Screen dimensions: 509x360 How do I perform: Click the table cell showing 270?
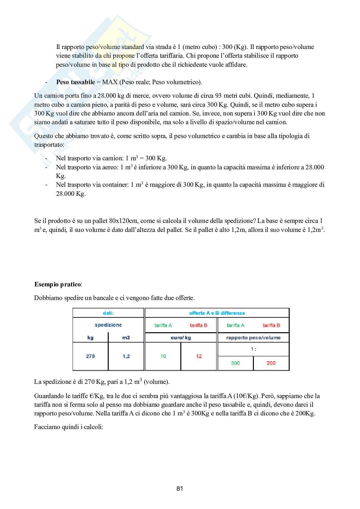(90, 356)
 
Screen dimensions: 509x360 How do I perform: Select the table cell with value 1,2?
(126, 356)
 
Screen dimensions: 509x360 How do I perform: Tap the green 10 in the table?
(163, 356)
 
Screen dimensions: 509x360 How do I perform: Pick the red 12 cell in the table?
(199, 356)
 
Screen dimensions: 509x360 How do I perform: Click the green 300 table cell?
(235, 363)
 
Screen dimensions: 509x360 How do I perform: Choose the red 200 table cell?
(271, 363)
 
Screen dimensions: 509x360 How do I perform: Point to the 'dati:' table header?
(108, 313)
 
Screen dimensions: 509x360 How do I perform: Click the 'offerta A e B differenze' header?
(217, 313)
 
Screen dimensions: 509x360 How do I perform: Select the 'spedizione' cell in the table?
(108, 325)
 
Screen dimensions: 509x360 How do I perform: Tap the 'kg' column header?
(90, 338)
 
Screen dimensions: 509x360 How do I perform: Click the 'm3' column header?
(126, 338)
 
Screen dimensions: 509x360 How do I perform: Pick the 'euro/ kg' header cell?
(181, 338)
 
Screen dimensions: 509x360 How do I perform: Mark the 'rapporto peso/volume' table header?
(253, 338)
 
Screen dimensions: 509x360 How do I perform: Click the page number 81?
(180, 488)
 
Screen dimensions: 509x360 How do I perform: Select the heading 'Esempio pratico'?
(58, 284)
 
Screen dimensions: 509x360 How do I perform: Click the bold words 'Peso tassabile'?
(75, 82)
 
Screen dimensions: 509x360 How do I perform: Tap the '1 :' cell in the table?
(254, 349)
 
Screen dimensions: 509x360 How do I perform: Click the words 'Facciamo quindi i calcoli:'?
(69, 427)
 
